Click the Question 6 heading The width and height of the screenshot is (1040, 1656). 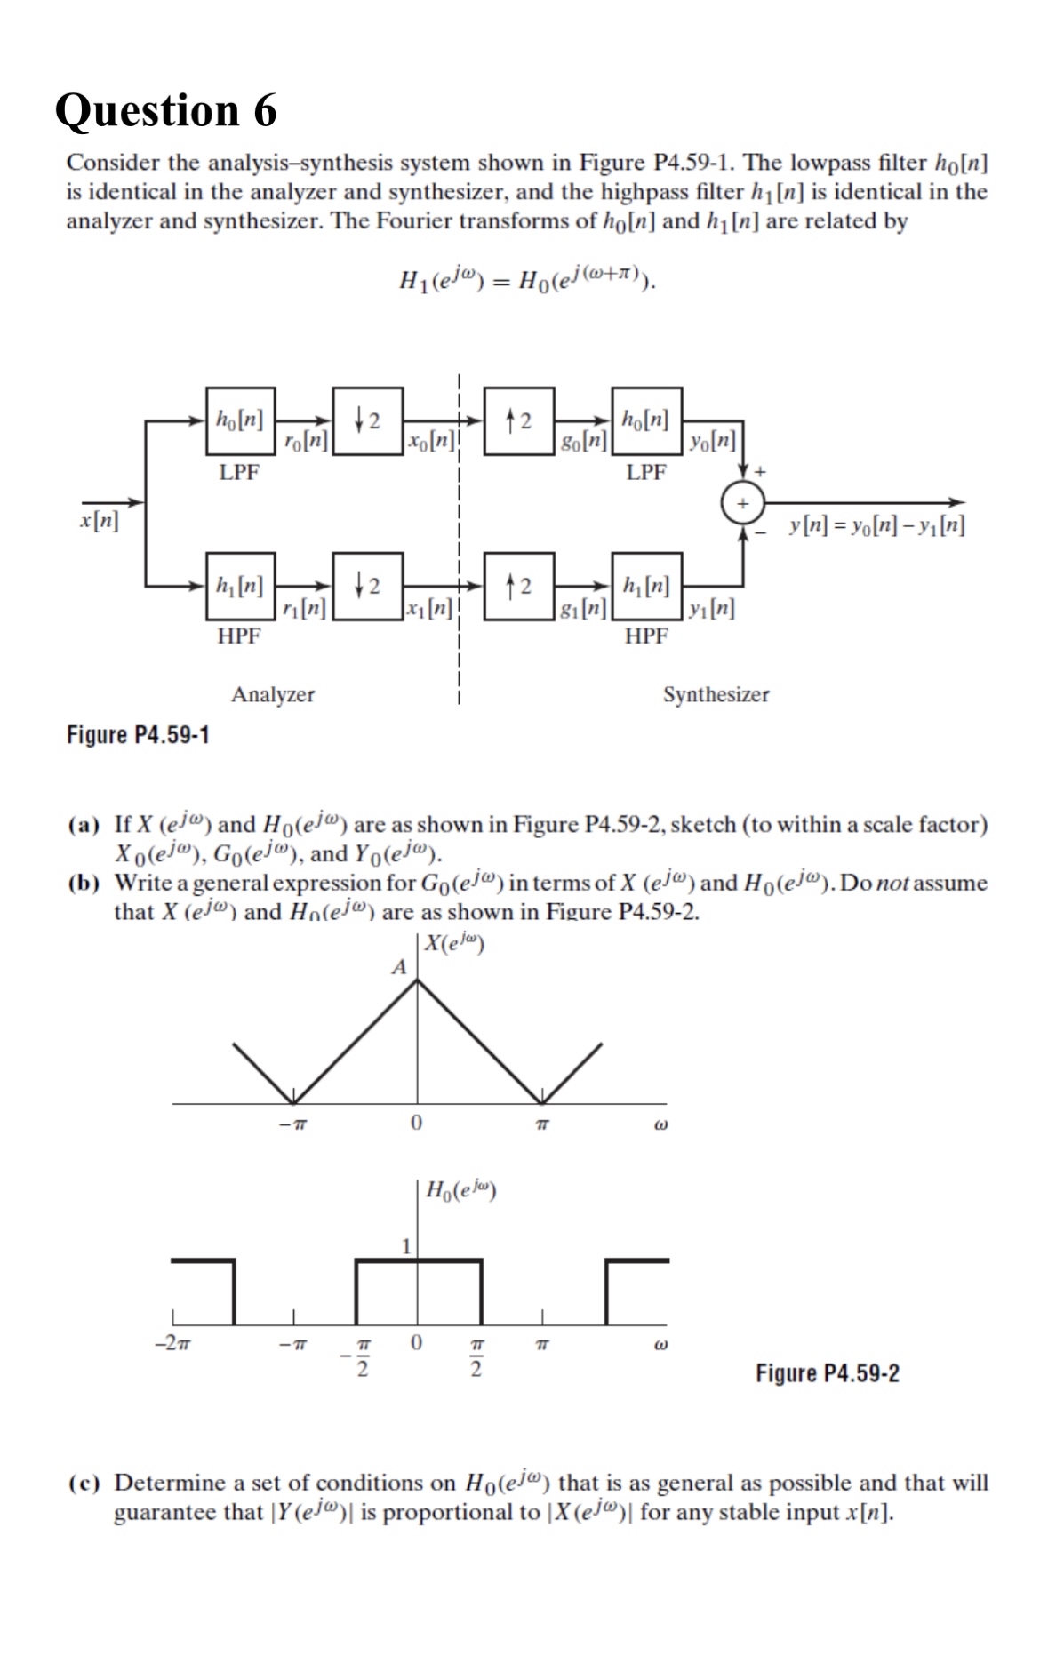(165, 110)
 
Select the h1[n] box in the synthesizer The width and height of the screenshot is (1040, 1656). (646, 585)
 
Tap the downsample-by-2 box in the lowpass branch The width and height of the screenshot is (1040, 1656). (367, 420)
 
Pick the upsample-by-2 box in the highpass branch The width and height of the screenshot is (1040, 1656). (519, 586)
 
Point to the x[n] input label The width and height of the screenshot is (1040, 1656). (99, 521)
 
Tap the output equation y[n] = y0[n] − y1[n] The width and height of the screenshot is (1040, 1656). (876, 524)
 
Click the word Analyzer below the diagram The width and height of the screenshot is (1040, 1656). (273, 694)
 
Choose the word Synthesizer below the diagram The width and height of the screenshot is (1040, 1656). (716, 694)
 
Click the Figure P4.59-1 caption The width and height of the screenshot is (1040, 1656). (138, 735)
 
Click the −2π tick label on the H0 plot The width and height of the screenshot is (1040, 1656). (172, 1343)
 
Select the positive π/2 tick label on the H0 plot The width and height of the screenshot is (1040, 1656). (476, 1356)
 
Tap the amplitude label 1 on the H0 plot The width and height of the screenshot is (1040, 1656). (406, 1245)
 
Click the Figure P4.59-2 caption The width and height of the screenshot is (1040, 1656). (827, 1373)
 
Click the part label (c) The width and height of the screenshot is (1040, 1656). (84, 1484)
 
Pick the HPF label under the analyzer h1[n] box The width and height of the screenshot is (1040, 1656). (239, 636)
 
